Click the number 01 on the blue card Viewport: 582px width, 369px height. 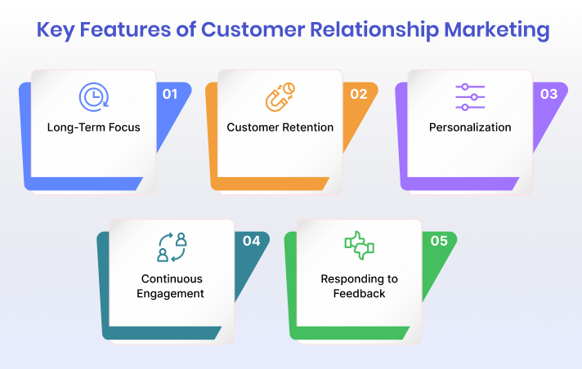[170, 94]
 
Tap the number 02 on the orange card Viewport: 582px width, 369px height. [359, 94]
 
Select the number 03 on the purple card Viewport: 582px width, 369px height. [548, 94]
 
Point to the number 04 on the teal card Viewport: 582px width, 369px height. [251, 241]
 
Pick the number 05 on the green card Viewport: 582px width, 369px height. [439, 241]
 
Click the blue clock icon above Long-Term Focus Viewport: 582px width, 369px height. [92, 97]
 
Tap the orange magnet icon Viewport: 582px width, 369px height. [280, 97]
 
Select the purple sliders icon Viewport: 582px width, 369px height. [470, 97]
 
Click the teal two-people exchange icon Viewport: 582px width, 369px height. [172, 246]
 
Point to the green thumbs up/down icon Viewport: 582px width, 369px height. [359, 246]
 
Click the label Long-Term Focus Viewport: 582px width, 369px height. [93, 127]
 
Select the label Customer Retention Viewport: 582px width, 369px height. [280, 127]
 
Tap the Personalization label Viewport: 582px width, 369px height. [470, 127]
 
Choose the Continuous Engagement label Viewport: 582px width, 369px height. [172, 286]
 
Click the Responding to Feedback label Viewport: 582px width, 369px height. [359, 286]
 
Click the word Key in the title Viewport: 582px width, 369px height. [59, 31]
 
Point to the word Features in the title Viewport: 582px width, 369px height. [129, 31]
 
